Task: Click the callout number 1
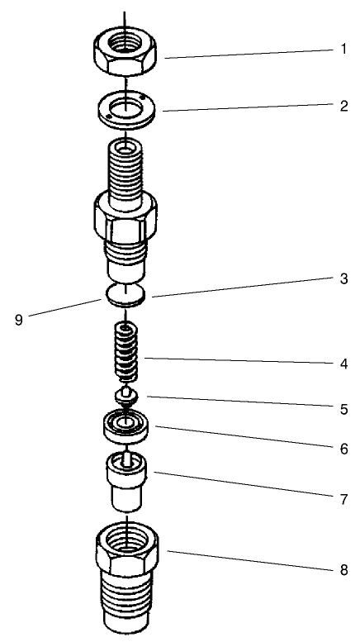click(x=343, y=50)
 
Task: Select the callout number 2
click(x=343, y=105)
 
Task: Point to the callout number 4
click(x=343, y=363)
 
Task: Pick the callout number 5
click(x=343, y=407)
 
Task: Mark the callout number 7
click(x=343, y=499)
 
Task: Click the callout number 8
click(x=343, y=569)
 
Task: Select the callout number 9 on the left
click(x=18, y=321)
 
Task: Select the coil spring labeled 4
click(x=125, y=349)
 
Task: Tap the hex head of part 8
click(x=126, y=549)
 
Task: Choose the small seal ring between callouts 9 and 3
click(x=125, y=295)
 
